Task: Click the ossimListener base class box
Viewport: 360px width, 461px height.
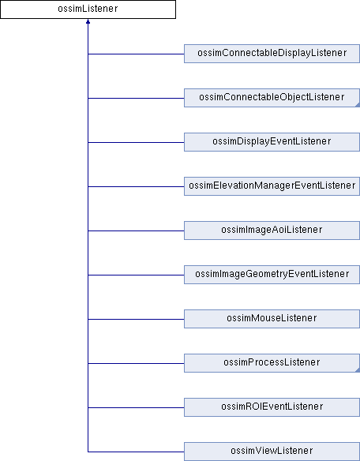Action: [x=88, y=9]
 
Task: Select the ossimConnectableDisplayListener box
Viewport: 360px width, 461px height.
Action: [x=272, y=54]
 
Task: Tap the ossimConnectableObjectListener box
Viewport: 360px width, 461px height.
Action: [x=272, y=98]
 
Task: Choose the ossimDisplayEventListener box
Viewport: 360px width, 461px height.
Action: [x=272, y=142]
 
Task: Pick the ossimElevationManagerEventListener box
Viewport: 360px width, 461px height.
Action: [x=272, y=186]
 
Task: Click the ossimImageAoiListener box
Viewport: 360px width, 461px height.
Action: [x=272, y=230]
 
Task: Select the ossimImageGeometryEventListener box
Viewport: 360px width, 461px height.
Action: [x=272, y=275]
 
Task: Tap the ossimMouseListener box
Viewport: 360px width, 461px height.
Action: [x=272, y=319]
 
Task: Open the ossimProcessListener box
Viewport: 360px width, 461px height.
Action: [x=272, y=363]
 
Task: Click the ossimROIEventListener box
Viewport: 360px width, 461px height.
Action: [x=272, y=407]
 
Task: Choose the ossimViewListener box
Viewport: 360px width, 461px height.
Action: [x=272, y=452]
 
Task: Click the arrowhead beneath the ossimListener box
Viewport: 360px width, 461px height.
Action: [x=88, y=21]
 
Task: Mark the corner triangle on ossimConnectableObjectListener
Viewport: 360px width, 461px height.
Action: [x=358, y=105]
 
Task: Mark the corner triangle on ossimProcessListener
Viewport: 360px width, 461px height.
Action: [x=358, y=370]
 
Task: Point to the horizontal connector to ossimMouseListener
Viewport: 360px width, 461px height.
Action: [x=136, y=319]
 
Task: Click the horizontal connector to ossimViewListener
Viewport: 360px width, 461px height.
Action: [x=136, y=452]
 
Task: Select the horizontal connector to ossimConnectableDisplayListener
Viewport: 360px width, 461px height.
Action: [x=136, y=54]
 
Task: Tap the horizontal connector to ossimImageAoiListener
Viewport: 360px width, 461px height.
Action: [x=136, y=230]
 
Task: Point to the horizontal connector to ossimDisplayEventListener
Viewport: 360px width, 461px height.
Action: [x=136, y=142]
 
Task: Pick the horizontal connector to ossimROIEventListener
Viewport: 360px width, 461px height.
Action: [x=136, y=407]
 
